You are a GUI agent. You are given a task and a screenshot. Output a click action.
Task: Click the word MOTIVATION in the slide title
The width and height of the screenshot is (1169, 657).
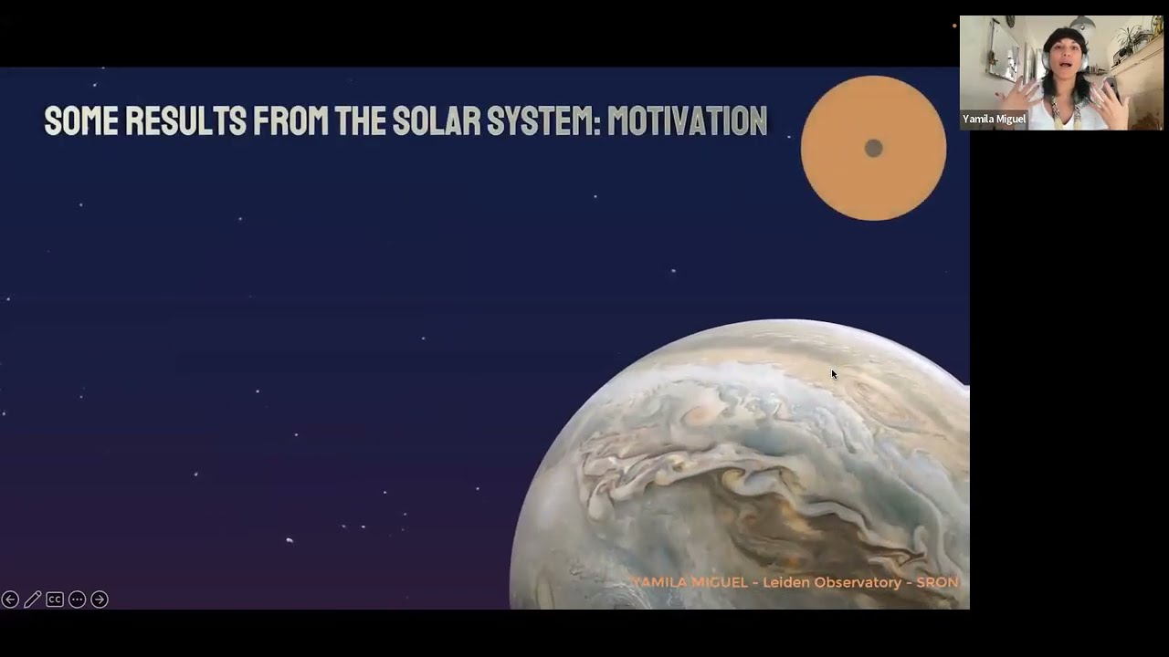click(687, 120)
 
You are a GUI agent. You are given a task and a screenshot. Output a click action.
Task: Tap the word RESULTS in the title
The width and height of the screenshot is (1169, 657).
click(185, 120)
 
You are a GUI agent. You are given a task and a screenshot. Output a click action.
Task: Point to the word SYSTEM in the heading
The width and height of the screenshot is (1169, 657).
click(541, 120)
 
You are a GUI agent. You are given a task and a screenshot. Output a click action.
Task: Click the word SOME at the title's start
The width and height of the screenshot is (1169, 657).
click(80, 120)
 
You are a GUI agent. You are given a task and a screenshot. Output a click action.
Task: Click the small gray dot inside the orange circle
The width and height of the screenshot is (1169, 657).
click(873, 148)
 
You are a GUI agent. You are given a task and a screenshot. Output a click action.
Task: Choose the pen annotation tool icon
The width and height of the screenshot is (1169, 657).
click(32, 600)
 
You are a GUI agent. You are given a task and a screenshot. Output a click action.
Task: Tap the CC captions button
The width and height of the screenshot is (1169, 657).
click(55, 600)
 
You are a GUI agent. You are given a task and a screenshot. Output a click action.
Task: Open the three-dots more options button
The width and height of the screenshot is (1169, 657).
click(77, 600)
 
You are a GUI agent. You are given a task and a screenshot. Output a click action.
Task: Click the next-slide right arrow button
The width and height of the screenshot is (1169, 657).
click(100, 600)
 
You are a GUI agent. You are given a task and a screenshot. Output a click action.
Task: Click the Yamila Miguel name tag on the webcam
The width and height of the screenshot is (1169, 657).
click(994, 119)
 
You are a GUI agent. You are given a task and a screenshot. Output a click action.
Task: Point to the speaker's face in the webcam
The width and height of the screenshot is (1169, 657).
click(1065, 56)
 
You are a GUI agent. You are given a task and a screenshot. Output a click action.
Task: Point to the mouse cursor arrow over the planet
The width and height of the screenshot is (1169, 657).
click(833, 373)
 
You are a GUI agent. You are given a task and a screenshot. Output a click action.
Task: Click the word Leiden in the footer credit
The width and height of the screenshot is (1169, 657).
click(785, 582)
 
